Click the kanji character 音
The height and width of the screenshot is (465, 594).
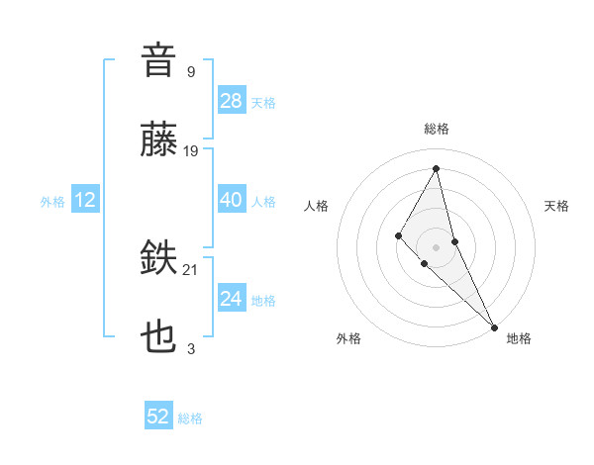[x=159, y=61]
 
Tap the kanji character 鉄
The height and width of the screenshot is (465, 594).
[x=159, y=260]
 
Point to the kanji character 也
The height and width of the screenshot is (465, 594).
[x=159, y=339]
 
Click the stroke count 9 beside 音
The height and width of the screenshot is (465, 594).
[x=191, y=71]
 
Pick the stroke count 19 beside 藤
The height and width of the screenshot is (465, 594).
[x=191, y=150]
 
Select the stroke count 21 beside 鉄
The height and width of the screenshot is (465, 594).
[x=191, y=269]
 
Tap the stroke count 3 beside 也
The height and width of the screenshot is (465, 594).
[x=191, y=348]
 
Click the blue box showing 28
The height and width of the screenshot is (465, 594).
[x=232, y=101]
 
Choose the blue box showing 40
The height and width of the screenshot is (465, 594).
[x=232, y=200]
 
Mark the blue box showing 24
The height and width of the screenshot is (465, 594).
[x=232, y=299]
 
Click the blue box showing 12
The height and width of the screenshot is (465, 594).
[x=85, y=200]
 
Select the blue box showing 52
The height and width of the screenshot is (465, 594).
[x=158, y=418]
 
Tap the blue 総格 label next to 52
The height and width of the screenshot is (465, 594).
[x=190, y=418]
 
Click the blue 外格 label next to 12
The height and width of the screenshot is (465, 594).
[x=52, y=201]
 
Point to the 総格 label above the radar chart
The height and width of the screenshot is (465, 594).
[x=436, y=130]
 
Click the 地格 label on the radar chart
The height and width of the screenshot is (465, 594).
[x=519, y=338]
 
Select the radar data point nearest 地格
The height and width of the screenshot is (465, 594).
[x=493, y=325]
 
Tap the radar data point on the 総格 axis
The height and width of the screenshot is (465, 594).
[x=436, y=167]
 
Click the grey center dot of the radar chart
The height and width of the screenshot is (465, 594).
[x=436, y=246]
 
